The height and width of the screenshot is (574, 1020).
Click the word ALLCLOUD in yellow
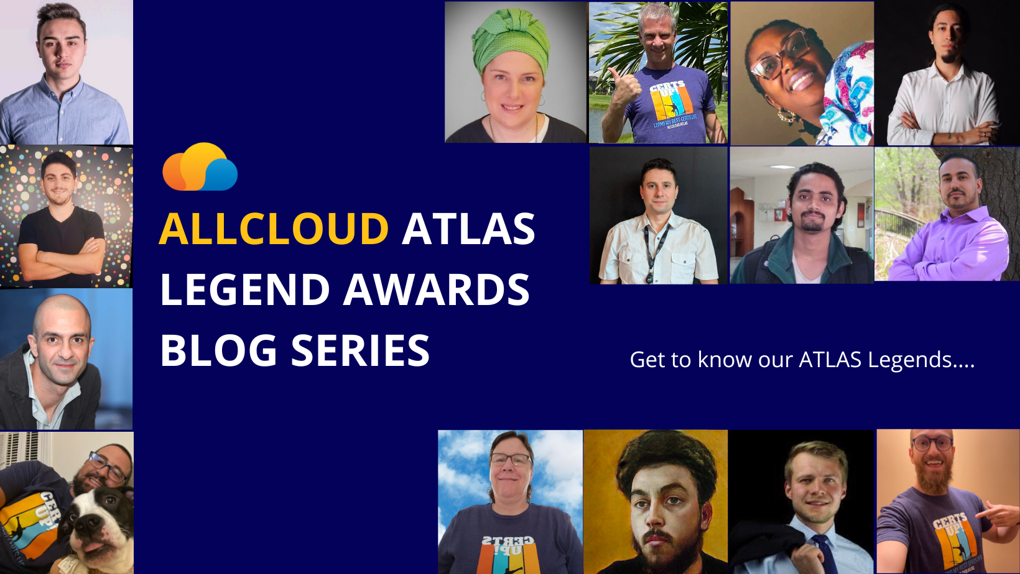(x=274, y=229)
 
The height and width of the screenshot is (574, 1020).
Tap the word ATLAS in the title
(x=468, y=229)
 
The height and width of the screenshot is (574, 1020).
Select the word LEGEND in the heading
(x=244, y=289)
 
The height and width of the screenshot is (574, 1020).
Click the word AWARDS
(x=437, y=289)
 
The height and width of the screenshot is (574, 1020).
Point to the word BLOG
(x=218, y=350)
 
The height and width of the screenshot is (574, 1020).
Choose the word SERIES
(x=360, y=350)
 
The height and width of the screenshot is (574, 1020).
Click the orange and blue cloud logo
(x=200, y=168)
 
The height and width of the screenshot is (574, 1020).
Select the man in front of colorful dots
(x=60, y=217)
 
